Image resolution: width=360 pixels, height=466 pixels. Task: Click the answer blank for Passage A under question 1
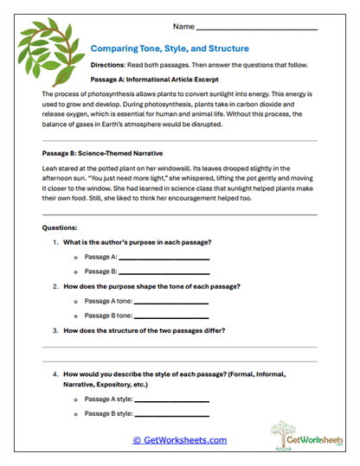coord(164,258)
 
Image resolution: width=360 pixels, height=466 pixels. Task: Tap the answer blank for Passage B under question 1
coord(164,271)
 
